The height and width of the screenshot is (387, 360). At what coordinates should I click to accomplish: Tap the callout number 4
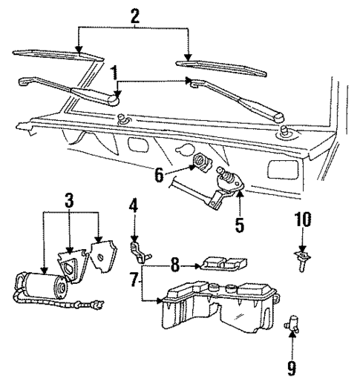click(134, 204)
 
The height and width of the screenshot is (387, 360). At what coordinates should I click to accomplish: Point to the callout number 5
click(238, 223)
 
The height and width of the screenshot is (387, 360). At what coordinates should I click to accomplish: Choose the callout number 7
click(134, 280)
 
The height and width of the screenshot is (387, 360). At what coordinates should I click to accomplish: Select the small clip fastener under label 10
click(302, 260)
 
